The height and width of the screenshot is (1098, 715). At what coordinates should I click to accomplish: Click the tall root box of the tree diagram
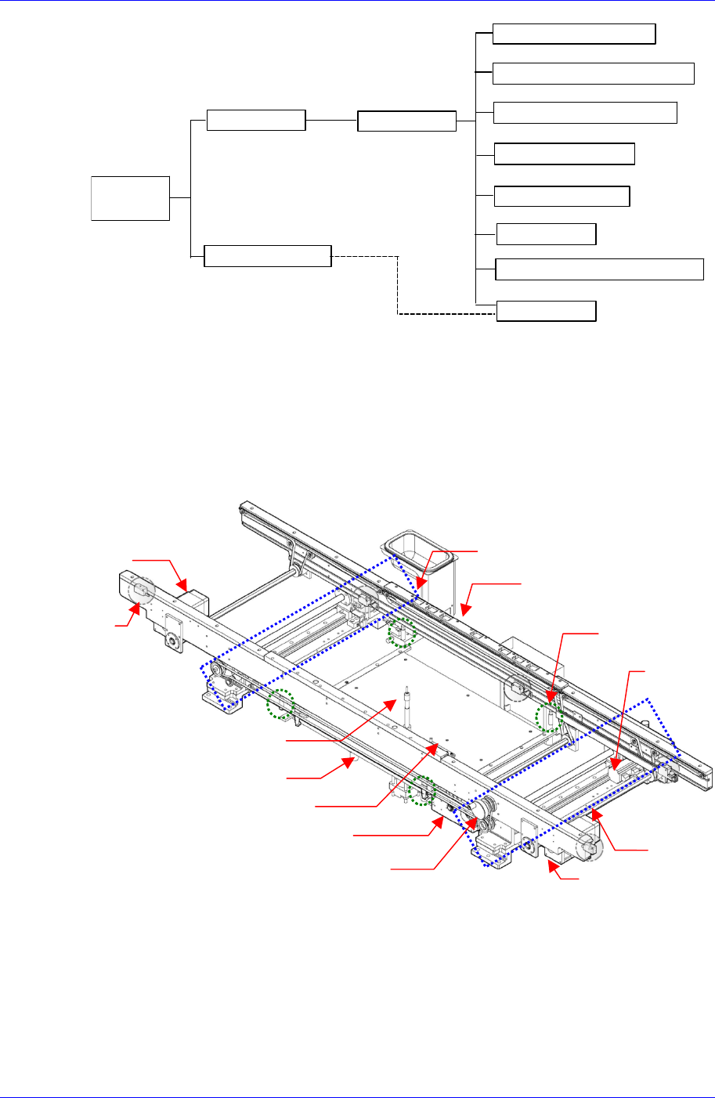click(x=130, y=198)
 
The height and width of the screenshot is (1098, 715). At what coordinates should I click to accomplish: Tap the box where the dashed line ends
click(x=547, y=311)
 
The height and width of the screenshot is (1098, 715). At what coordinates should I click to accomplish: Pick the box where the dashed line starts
click(x=267, y=256)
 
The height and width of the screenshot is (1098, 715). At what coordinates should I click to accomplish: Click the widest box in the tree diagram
click(x=600, y=269)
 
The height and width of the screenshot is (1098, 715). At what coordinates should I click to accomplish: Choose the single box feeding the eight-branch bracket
click(x=406, y=121)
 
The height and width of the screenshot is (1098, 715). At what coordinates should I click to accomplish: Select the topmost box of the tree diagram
click(x=574, y=34)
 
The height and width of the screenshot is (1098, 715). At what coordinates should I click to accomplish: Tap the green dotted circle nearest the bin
click(x=402, y=631)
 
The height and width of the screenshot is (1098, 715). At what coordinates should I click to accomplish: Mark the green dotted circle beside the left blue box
click(x=281, y=704)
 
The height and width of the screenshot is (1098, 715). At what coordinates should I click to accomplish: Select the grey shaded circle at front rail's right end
click(x=589, y=847)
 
